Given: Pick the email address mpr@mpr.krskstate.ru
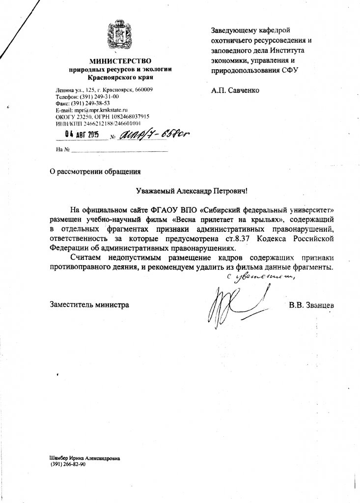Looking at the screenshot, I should click(x=103, y=111).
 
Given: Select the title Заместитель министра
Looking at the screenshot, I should click(x=90, y=305).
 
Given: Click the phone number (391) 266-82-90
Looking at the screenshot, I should click(x=68, y=464).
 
